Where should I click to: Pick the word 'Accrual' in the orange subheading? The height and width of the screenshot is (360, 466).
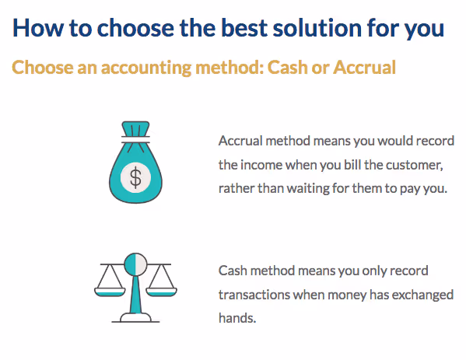coord(365,68)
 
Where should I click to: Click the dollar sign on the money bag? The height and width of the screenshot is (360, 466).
coord(135,177)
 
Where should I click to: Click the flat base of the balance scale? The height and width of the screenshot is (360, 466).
coord(135,320)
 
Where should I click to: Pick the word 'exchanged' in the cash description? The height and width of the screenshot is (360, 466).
coord(425,295)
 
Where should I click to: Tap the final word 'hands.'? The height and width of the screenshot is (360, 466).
coord(237,318)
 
